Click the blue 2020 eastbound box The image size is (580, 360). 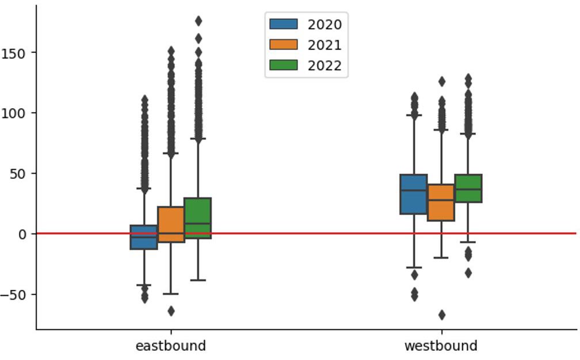point(144,237)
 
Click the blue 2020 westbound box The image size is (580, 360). point(414,194)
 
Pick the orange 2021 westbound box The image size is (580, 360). point(441,202)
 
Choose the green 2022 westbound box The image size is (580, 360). point(468,189)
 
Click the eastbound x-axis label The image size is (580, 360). point(170,346)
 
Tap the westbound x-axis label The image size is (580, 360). point(441,346)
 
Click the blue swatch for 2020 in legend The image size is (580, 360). point(284,24)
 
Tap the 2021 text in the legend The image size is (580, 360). point(325,45)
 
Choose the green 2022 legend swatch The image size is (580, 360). point(284,66)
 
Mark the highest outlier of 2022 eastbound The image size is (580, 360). point(199,21)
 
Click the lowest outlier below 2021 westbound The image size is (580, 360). point(441,315)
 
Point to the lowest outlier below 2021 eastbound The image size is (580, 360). point(171,311)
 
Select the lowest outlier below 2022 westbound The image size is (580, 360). point(468,273)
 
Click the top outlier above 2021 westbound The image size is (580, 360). point(441,82)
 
